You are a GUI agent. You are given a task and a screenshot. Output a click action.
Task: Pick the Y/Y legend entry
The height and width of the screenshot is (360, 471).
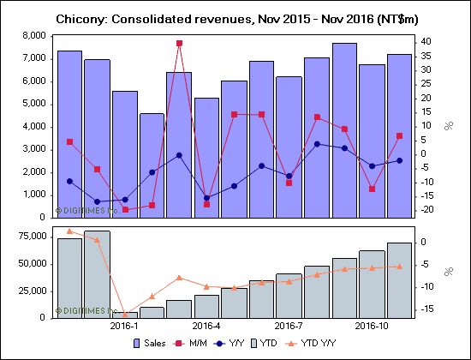click(x=262, y=344)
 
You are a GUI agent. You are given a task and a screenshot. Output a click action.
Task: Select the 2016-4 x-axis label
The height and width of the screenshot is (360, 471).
click(x=206, y=327)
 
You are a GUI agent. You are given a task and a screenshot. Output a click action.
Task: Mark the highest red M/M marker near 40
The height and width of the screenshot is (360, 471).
click(x=179, y=43)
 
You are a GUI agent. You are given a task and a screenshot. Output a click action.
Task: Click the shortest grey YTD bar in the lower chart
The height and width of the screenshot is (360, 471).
click(x=124, y=315)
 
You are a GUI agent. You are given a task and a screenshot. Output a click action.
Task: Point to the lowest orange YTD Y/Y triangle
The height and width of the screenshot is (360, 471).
click(x=124, y=314)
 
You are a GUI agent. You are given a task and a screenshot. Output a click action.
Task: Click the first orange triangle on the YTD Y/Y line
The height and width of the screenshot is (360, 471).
click(x=69, y=231)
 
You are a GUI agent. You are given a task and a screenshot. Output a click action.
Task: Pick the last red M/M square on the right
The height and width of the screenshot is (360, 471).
click(x=399, y=136)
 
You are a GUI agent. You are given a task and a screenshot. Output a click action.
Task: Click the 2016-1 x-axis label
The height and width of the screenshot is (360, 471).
click(x=124, y=327)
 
